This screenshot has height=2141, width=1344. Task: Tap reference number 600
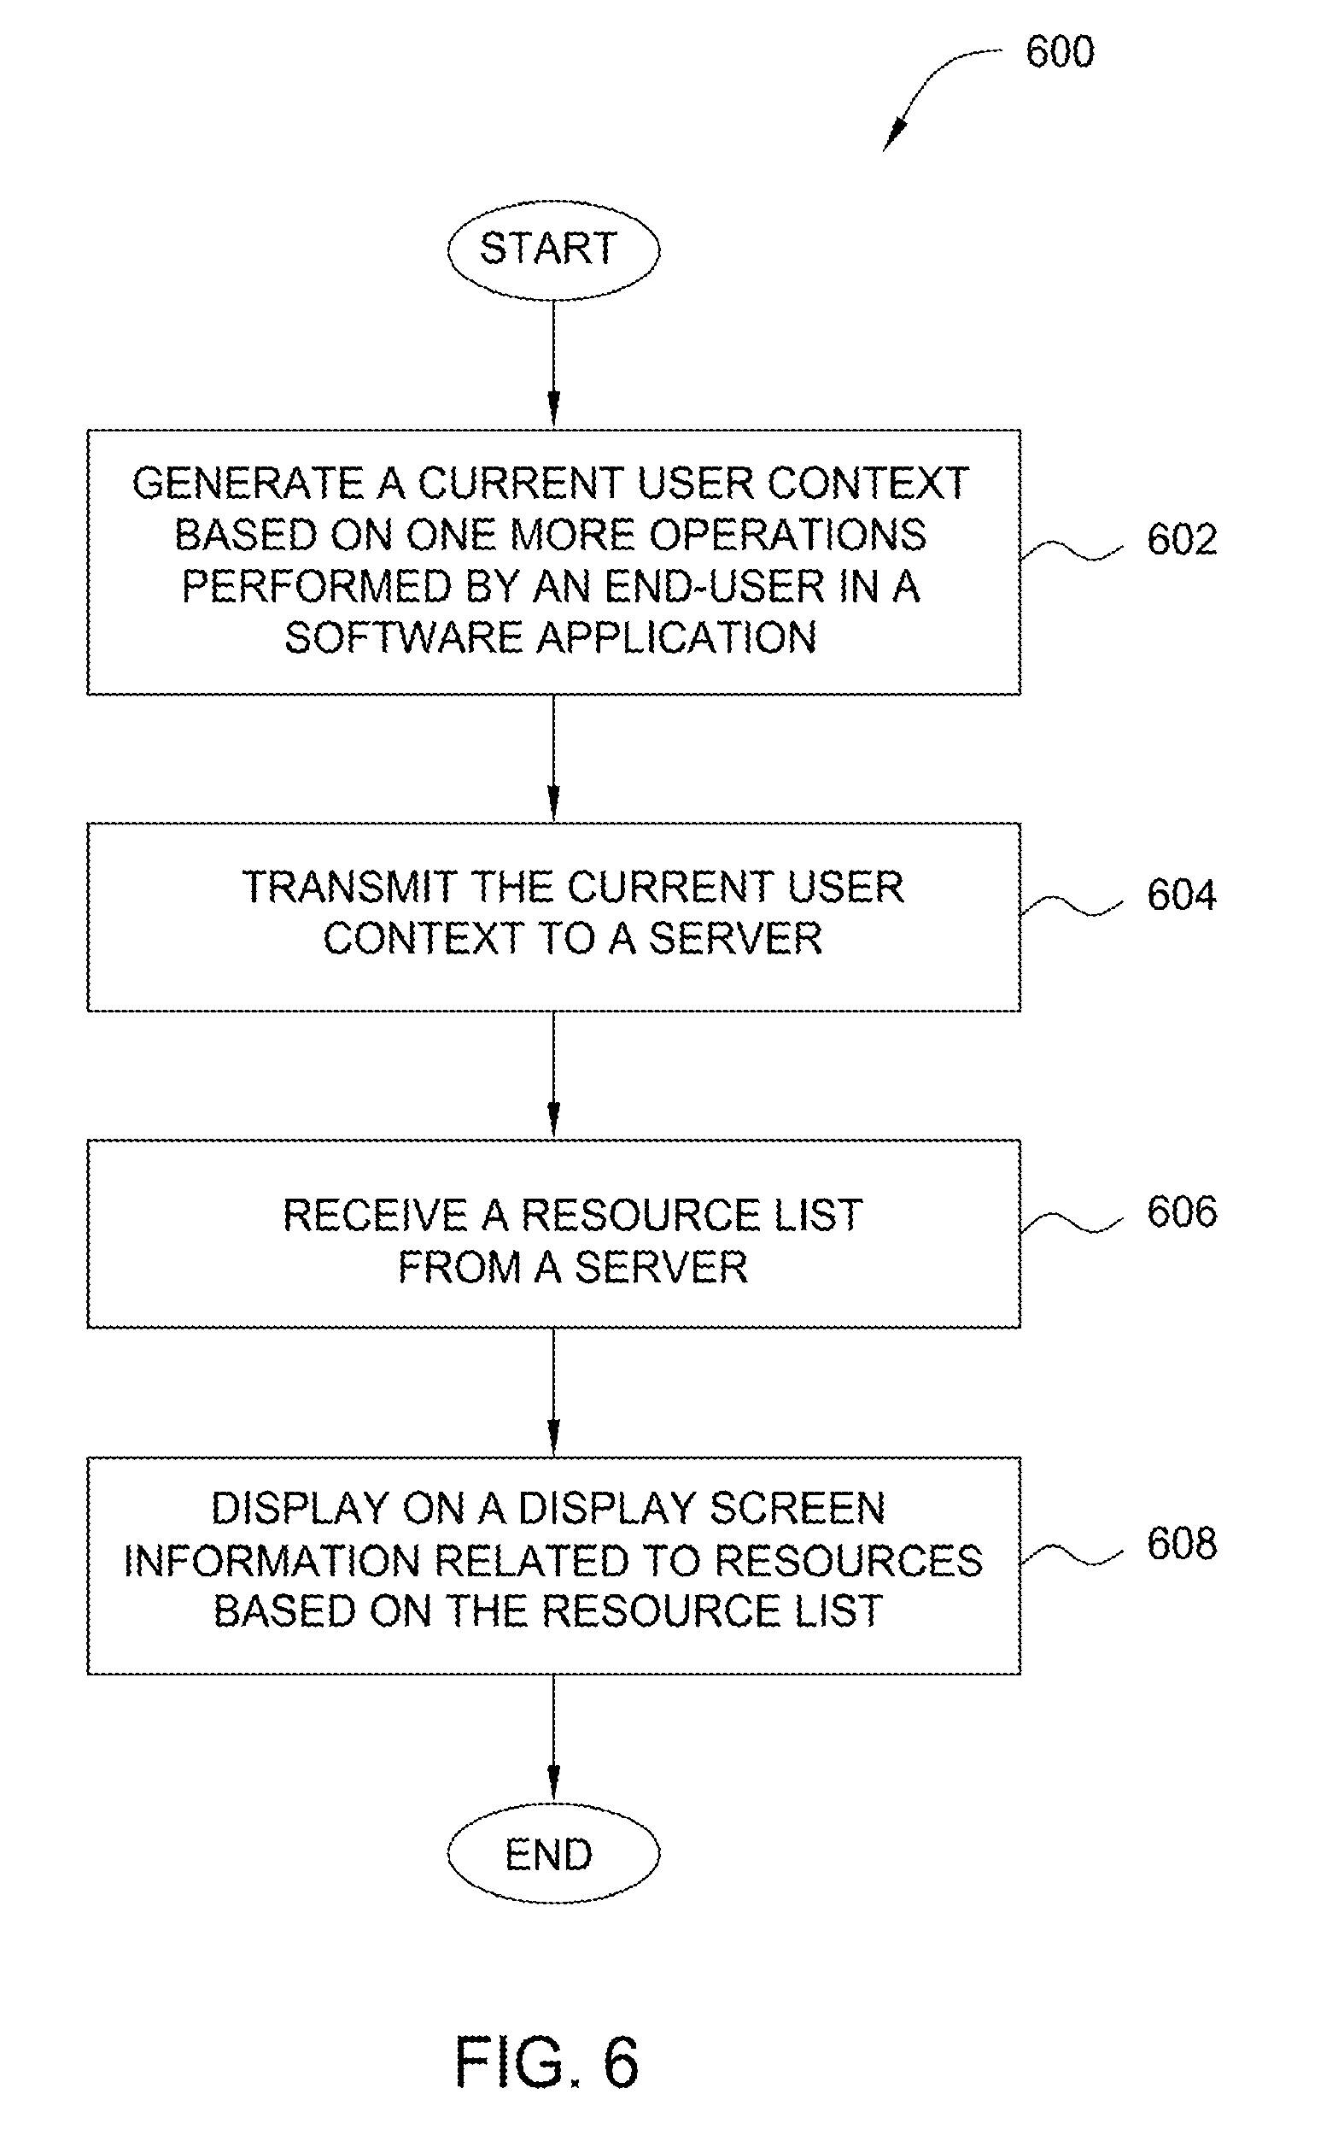pyautogui.click(x=1060, y=51)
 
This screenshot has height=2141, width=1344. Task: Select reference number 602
pyautogui.click(x=1181, y=540)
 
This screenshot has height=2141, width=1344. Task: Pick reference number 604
pyautogui.click(x=1181, y=895)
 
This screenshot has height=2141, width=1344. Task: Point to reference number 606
pyautogui.click(x=1181, y=1211)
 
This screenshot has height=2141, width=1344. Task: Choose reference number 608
pyautogui.click(x=1181, y=1544)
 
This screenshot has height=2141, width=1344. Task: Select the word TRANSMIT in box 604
pyautogui.click(x=349, y=887)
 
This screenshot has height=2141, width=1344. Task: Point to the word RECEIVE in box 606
pyautogui.click(x=375, y=1216)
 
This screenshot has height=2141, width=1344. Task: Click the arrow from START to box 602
pyautogui.click(x=553, y=365)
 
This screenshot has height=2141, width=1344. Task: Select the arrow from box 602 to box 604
pyautogui.click(x=553, y=759)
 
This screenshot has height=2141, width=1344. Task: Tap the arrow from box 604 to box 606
pyautogui.click(x=553, y=1075)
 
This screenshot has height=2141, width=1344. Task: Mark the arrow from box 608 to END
pyautogui.click(x=553, y=1739)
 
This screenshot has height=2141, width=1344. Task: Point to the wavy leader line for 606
pyautogui.click(x=1072, y=1222)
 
